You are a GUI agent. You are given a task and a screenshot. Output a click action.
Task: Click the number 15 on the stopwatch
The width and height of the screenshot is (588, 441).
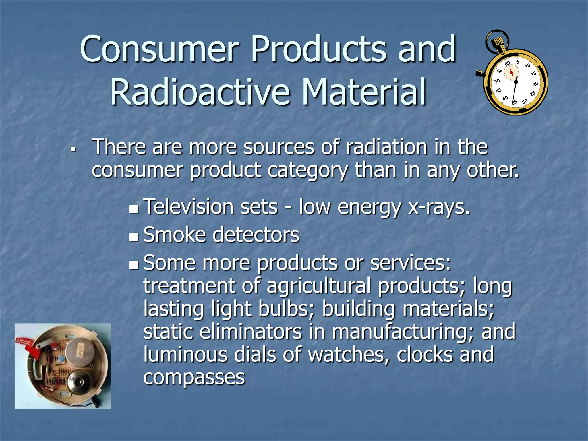coord(533,74)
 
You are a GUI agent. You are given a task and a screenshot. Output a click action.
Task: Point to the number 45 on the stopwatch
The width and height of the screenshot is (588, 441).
coord(498,91)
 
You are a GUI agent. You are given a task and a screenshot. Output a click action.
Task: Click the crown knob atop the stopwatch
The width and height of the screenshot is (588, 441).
coord(497,43)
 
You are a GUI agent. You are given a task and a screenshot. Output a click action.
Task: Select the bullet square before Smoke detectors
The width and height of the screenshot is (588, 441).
coord(134,237)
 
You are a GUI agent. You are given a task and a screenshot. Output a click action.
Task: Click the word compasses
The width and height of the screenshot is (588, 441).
coord(194,378)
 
